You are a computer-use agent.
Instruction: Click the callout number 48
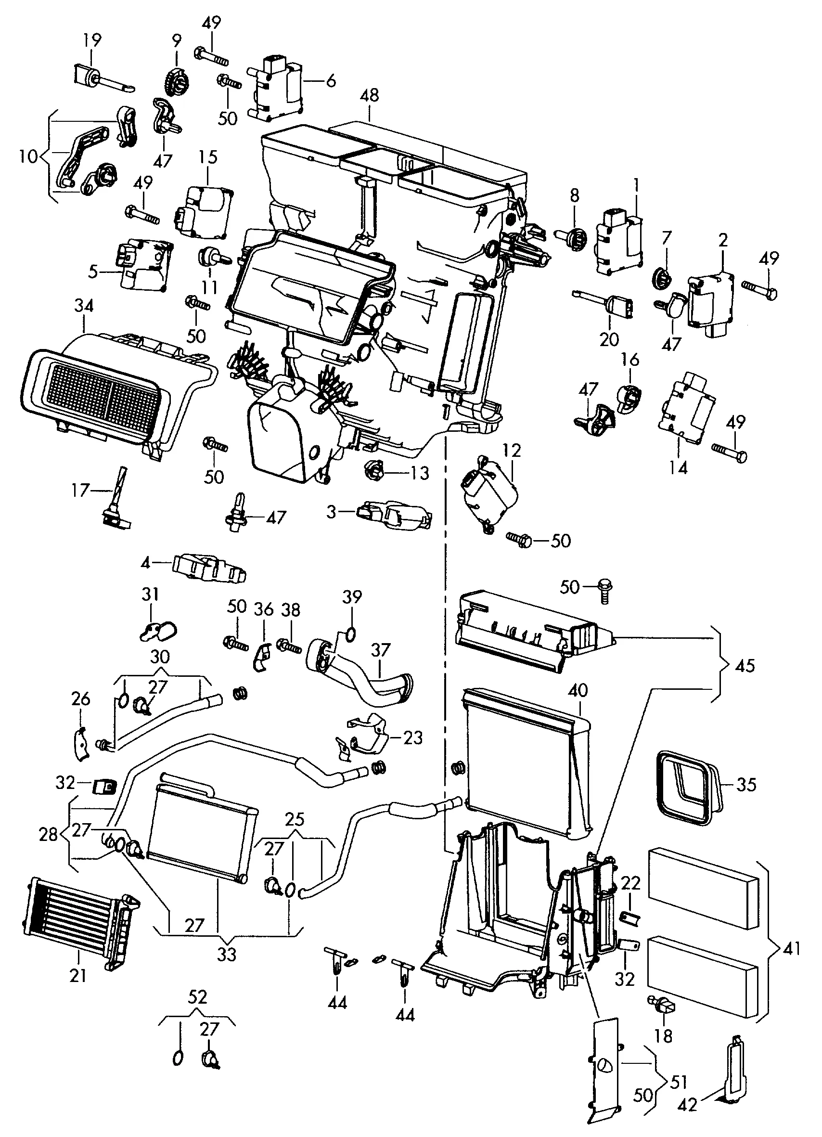click(x=370, y=96)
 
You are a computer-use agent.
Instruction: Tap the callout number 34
click(x=84, y=306)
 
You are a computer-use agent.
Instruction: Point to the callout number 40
click(x=578, y=690)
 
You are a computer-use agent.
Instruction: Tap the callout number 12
click(x=511, y=451)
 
